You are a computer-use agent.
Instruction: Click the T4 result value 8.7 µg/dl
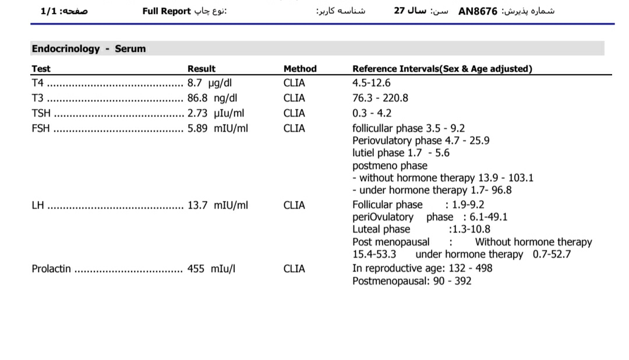pyautogui.click(x=210, y=83)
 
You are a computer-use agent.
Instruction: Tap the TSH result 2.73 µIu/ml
pyautogui.click(x=215, y=113)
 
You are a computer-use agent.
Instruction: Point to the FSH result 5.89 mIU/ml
pyautogui.click(x=217, y=128)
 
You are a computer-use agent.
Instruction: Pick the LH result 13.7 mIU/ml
pyautogui.click(x=217, y=205)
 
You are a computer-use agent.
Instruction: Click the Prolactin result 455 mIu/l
pyautogui.click(x=211, y=269)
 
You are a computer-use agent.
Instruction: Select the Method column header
pyautogui.click(x=300, y=69)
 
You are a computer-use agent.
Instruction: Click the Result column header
pyautogui.click(x=201, y=69)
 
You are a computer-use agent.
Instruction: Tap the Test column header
pyautogui.click(x=41, y=69)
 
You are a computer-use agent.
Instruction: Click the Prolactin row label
pyautogui.click(x=51, y=269)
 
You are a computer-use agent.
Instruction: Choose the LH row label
pyautogui.click(x=38, y=205)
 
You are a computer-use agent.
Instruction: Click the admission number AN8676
pyautogui.click(x=478, y=11)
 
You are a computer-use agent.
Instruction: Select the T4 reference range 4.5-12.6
pyautogui.click(x=372, y=83)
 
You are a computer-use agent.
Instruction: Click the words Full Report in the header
pyautogui.click(x=167, y=11)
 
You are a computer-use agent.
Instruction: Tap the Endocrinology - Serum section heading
pyautogui.click(x=89, y=49)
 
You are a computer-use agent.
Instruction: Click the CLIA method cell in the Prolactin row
pyautogui.click(x=294, y=269)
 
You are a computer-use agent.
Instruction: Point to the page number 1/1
pyautogui.click(x=49, y=11)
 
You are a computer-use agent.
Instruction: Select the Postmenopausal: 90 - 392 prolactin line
pyautogui.click(x=412, y=281)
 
